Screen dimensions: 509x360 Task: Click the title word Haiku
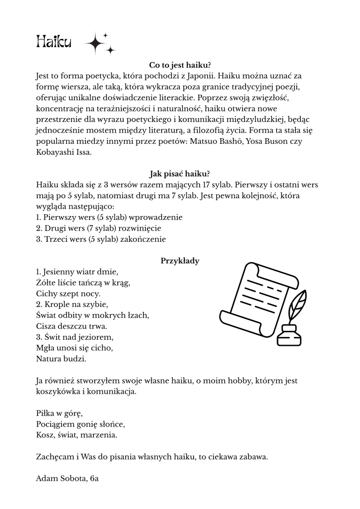click(53, 43)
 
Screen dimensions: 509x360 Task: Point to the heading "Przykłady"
click(180, 261)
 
